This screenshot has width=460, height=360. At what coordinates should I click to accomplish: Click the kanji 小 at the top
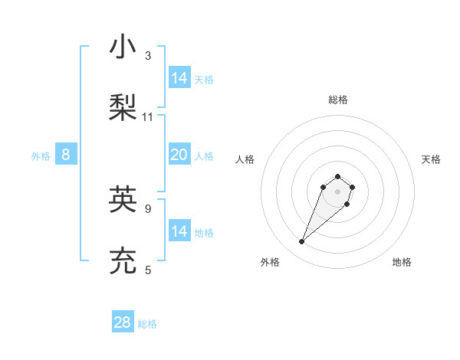[x=123, y=47]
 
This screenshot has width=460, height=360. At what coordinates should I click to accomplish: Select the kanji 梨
[x=123, y=106]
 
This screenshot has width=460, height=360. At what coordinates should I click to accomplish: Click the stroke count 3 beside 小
[x=148, y=56]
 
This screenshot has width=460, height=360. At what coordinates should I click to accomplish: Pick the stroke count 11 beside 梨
[x=148, y=117]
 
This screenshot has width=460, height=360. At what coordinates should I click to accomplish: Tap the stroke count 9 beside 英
[x=148, y=208]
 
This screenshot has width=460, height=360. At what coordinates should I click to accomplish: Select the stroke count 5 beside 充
[x=148, y=270]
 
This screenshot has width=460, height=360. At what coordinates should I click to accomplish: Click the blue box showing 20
[x=179, y=155]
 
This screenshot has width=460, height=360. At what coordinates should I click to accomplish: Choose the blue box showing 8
[x=66, y=155]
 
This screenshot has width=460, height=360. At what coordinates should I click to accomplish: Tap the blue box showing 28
[x=123, y=322]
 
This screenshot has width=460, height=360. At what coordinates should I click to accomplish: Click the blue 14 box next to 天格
[x=179, y=78]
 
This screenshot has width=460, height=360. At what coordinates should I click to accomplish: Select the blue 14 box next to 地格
[x=179, y=231]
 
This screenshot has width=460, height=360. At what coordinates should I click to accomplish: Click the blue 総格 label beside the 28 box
[x=147, y=324]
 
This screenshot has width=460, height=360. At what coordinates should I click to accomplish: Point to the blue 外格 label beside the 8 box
[x=41, y=156]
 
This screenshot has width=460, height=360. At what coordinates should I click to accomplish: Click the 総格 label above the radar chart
[x=338, y=100]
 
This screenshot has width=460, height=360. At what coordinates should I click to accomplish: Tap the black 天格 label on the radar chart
[x=431, y=159]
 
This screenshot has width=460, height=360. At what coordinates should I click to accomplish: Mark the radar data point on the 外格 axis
[x=302, y=242]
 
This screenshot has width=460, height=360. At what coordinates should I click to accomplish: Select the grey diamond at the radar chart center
[x=338, y=191]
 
